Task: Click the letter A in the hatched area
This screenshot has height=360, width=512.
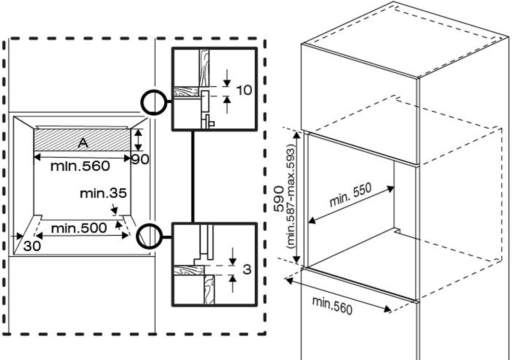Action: (83, 143)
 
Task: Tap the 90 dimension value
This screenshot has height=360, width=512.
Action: (140, 160)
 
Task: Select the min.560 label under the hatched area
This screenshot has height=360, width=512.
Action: (80, 166)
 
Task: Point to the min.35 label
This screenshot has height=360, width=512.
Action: (103, 193)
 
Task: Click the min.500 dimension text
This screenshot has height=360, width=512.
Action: (79, 228)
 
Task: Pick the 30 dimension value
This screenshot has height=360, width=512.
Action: (32, 246)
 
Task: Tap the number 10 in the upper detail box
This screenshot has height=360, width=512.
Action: (244, 90)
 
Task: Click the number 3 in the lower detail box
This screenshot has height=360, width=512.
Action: (247, 269)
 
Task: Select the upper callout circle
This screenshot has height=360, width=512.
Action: (154, 91)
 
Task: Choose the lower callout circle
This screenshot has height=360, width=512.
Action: (149, 225)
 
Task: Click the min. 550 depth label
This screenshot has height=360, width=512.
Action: (350, 195)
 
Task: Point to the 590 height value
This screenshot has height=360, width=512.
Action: (279, 199)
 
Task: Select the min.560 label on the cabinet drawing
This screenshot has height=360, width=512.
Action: (332, 305)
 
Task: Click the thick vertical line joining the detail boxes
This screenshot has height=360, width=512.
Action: (193, 177)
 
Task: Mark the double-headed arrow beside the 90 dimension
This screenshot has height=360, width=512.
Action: (137, 140)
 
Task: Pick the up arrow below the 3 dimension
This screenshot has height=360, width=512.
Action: (233, 284)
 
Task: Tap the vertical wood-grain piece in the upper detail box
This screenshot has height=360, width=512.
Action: (204, 68)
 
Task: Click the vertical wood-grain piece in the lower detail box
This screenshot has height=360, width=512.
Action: (209, 290)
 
